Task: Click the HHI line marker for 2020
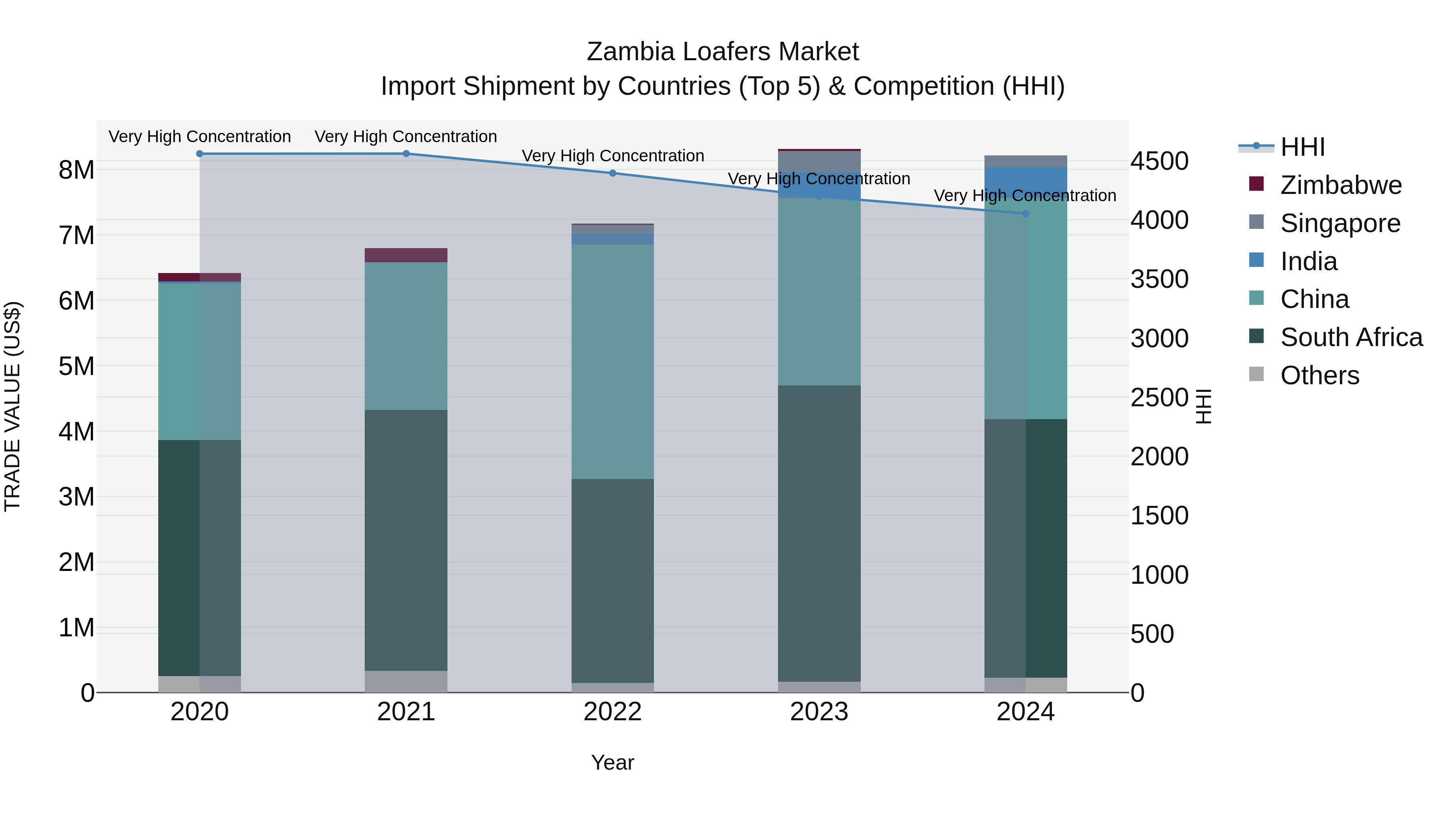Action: [200, 154]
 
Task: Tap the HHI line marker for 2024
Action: [1025, 214]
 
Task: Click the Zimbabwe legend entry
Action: [1340, 185]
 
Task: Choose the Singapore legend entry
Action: [1340, 223]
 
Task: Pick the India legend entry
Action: [1309, 261]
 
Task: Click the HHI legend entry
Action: [1302, 147]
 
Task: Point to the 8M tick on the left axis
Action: [76, 169]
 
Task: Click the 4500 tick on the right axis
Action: [1159, 161]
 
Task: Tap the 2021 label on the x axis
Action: [406, 712]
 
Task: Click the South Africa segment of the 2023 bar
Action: [819, 533]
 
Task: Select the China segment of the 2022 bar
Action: [613, 362]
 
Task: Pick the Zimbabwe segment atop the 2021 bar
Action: [406, 255]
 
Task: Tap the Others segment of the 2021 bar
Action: [406, 682]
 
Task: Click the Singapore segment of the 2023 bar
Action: [819, 161]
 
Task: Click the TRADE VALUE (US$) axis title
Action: [12, 406]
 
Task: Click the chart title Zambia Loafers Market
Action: [723, 52]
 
